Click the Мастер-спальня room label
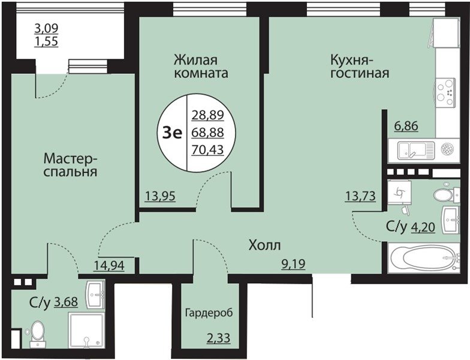71,165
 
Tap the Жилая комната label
201,67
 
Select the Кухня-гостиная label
360,67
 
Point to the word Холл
265,246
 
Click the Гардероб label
209,313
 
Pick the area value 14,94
109,265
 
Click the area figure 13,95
160,197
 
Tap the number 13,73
360,197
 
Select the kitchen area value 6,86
406,126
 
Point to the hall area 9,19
293,264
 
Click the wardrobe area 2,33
218,338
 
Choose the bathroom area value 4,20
423,228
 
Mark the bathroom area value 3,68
66,302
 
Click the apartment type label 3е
173,133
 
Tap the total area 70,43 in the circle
208,149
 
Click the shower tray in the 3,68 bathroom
86,331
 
